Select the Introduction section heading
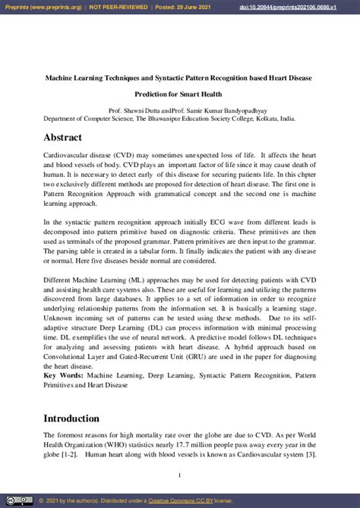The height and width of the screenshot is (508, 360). tap(71, 418)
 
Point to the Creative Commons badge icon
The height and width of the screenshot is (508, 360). tap(21, 501)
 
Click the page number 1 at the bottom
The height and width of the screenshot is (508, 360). tap(179, 475)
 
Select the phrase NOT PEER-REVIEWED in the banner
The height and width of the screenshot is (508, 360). tap(119, 6)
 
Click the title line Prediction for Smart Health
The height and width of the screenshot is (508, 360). tap(179, 94)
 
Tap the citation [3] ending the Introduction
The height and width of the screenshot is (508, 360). tap(310, 456)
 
